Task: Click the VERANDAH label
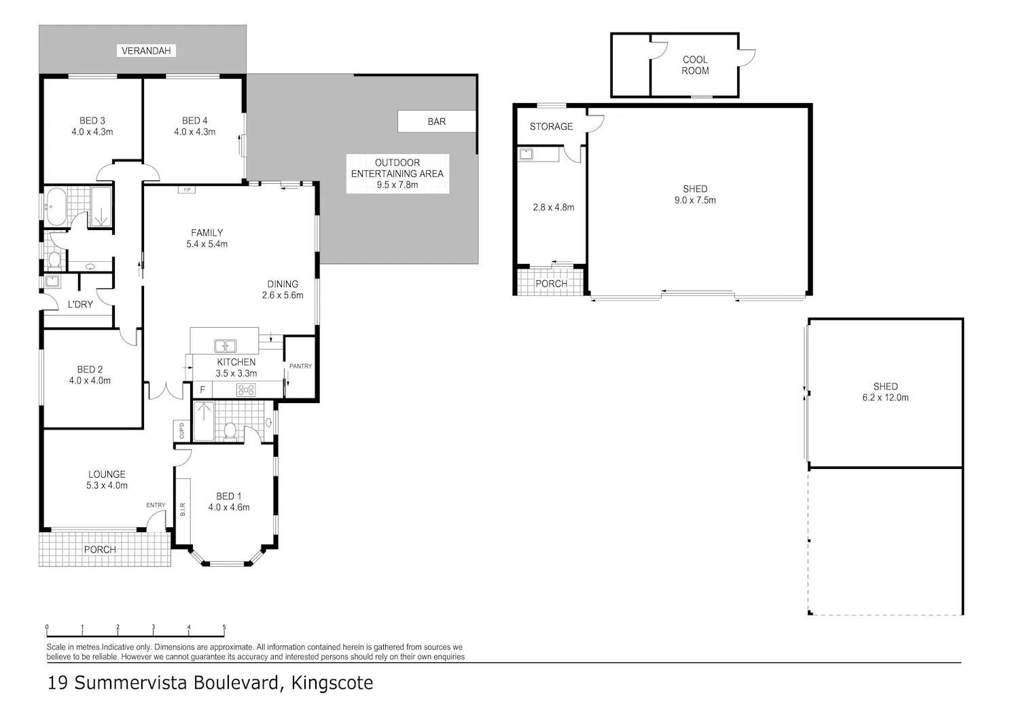click(x=146, y=50)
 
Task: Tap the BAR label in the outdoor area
click(x=437, y=121)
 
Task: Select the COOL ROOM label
click(x=695, y=65)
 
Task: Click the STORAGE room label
click(x=551, y=126)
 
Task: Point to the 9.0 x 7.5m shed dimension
click(x=695, y=200)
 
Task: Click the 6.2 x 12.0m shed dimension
click(x=885, y=397)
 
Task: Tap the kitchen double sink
click(x=225, y=346)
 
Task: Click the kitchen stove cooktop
click(x=246, y=390)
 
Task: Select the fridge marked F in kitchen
click(x=202, y=390)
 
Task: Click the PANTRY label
click(x=301, y=366)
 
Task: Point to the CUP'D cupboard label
click(x=182, y=431)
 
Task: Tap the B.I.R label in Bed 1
click(x=183, y=509)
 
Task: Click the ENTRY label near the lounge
click(x=156, y=505)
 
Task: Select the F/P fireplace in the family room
click(x=187, y=189)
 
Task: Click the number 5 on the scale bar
click(x=224, y=627)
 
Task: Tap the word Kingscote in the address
click(x=332, y=683)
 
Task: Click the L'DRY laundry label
click(x=81, y=304)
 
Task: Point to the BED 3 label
click(x=92, y=121)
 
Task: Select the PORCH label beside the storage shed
click(x=552, y=284)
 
